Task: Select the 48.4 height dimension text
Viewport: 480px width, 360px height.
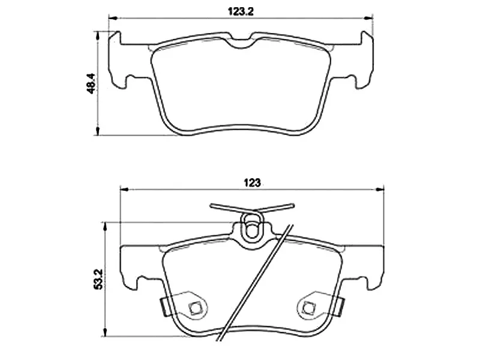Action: (x=91, y=83)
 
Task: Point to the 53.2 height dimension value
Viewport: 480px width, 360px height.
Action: (x=98, y=280)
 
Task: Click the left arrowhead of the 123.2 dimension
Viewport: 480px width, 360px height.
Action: (x=110, y=18)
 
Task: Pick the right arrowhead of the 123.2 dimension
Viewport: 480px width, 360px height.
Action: (x=371, y=18)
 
